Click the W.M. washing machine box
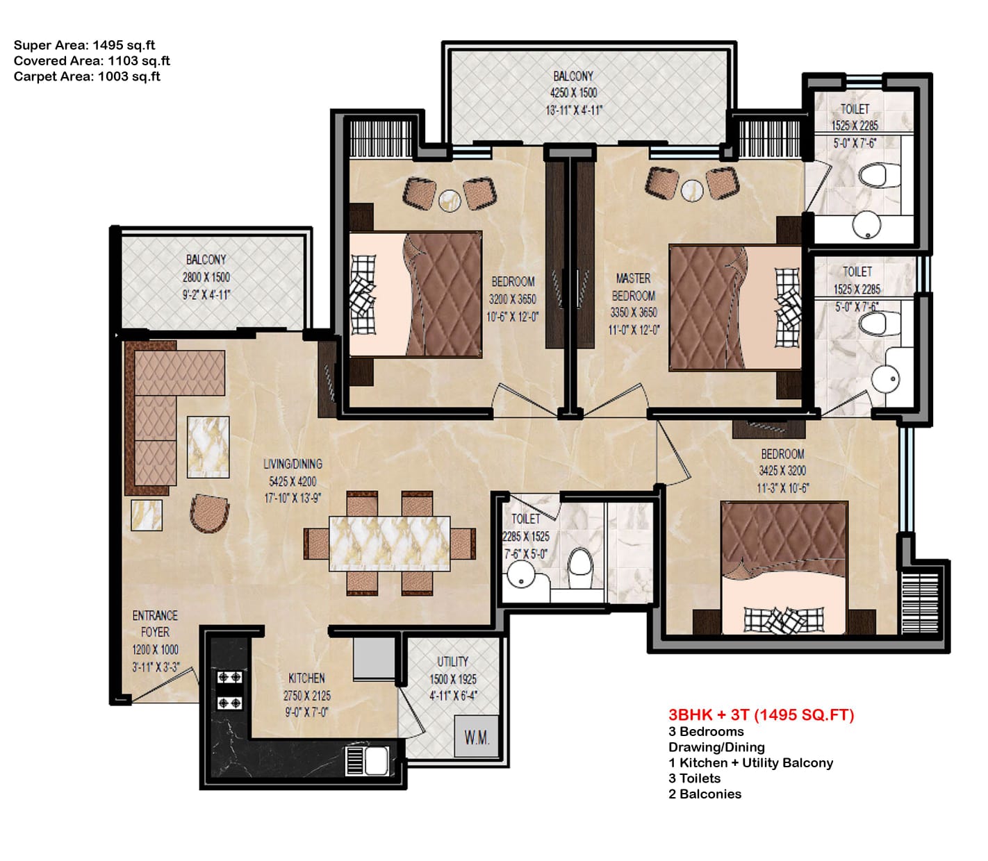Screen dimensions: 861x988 click(x=477, y=737)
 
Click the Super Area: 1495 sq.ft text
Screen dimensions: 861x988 click(x=84, y=45)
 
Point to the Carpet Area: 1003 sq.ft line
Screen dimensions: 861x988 click(x=87, y=76)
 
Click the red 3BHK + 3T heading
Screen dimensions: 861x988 click(x=761, y=714)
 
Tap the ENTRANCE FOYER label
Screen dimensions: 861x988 click(x=155, y=624)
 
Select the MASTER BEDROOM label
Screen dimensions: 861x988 click(x=633, y=287)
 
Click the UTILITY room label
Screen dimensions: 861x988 click(x=452, y=662)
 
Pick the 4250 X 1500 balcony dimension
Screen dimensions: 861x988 click(x=573, y=93)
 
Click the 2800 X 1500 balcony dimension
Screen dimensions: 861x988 click(x=206, y=277)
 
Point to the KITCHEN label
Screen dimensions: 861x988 click(x=306, y=678)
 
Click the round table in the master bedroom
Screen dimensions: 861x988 click(x=692, y=190)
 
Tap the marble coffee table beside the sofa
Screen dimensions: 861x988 click(x=208, y=447)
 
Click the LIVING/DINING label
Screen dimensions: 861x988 click(x=293, y=464)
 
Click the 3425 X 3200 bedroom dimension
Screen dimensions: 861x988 click(x=782, y=471)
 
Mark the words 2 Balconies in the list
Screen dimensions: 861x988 click(x=705, y=794)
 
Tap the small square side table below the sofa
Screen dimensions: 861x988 click(x=147, y=515)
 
